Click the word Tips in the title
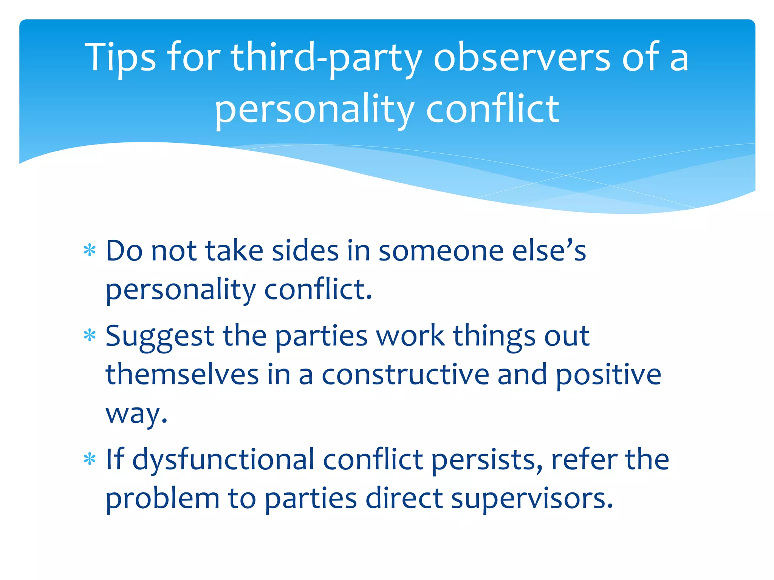coord(120,58)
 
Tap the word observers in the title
coord(522,58)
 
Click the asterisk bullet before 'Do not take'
coord(90,250)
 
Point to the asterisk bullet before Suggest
coord(90,335)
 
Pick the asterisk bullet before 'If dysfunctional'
coord(90,459)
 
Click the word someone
coord(441,251)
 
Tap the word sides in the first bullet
coord(305,251)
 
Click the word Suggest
coord(159,336)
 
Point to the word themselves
coord(182,375)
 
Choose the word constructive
coord(405,375)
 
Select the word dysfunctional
coord(223,460)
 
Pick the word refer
coord(584,460)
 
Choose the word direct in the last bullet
coord(404,498)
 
